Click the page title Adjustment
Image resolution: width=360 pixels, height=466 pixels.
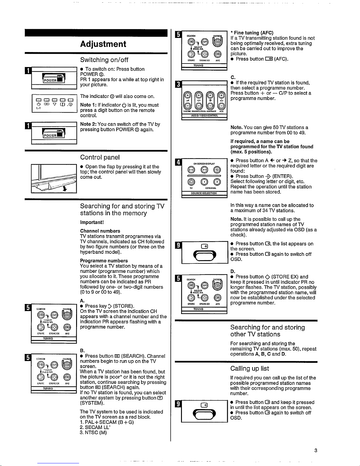coord(103,44)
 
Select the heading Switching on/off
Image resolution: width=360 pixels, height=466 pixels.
coord(104,60)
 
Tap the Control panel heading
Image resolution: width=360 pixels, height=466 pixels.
coord(100,157)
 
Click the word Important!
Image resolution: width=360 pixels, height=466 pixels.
coord(92,222)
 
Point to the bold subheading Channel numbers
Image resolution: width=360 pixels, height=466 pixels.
coord(100,231)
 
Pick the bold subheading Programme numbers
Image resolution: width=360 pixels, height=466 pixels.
coord(104,261)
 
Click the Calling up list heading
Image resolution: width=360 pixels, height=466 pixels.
coord(250,369)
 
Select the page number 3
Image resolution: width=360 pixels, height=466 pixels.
coord(316,450)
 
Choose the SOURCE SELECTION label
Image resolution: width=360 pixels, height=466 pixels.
coord(204,193)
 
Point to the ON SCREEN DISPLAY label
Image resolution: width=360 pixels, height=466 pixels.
coord(204,163)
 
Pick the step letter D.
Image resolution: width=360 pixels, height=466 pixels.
coord(232,271)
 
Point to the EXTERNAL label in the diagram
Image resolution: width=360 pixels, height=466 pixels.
coord(211,188)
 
